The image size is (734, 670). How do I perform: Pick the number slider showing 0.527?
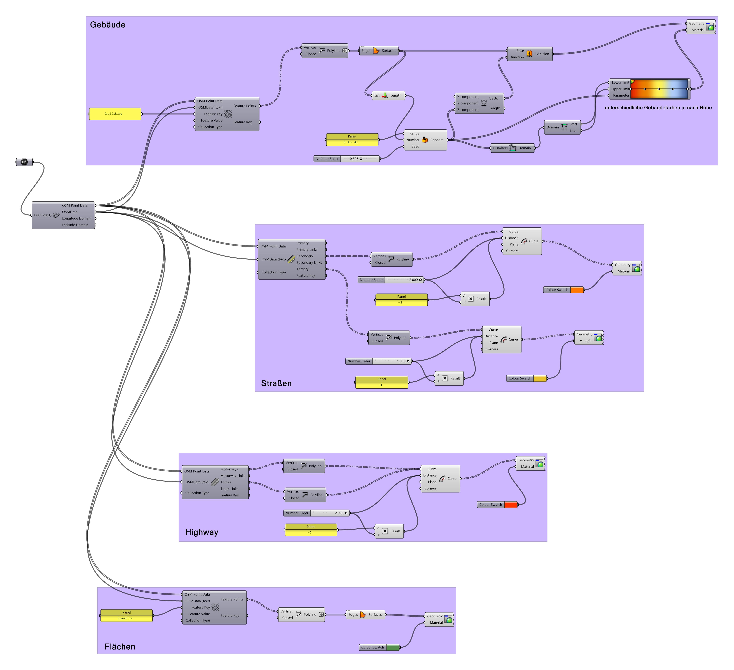tap(347, 159)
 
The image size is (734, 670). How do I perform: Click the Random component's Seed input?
tap(415, 146)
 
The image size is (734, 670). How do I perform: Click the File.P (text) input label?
tap(43, 215)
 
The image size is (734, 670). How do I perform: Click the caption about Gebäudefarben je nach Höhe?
tap(658, 108)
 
